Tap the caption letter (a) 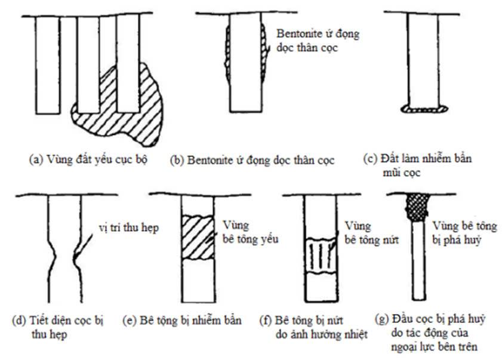[35, 160]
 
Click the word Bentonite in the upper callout [297, 34]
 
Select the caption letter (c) [370, 160]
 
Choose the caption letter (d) [19, 321]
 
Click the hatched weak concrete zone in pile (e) [197, 238]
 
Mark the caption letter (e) [133, 321]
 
